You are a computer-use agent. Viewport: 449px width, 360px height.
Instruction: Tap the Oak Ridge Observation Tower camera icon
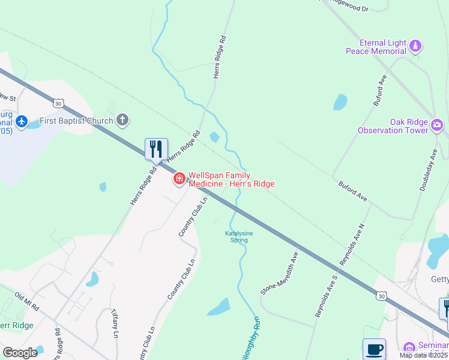tap(437, 125)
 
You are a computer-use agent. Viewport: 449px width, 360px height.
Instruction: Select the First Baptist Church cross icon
tap(122, 120)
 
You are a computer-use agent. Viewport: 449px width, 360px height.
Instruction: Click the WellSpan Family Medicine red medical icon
tap(179, 179)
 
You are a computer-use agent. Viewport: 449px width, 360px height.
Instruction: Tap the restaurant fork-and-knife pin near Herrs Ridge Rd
tap(156, 149)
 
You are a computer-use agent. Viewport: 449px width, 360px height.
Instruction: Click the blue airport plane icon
tap(22, 122)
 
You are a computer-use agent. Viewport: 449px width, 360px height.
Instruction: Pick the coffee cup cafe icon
tap(374, 349)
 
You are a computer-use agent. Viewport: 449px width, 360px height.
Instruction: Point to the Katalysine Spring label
tap(236, 236)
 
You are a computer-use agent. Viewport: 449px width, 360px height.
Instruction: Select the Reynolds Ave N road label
tap(352, 245)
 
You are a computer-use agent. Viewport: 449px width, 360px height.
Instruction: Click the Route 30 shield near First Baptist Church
tap(58, 104)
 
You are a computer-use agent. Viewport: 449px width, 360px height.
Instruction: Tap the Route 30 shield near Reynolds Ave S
tap(381, 295)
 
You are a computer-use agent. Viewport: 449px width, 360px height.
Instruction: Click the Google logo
tap(20, 353)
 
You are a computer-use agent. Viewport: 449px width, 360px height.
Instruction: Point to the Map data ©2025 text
tap(423, 355)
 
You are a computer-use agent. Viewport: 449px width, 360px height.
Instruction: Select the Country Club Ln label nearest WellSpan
tap(193, 215)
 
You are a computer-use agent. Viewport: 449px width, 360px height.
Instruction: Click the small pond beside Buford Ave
tap(340, 102)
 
